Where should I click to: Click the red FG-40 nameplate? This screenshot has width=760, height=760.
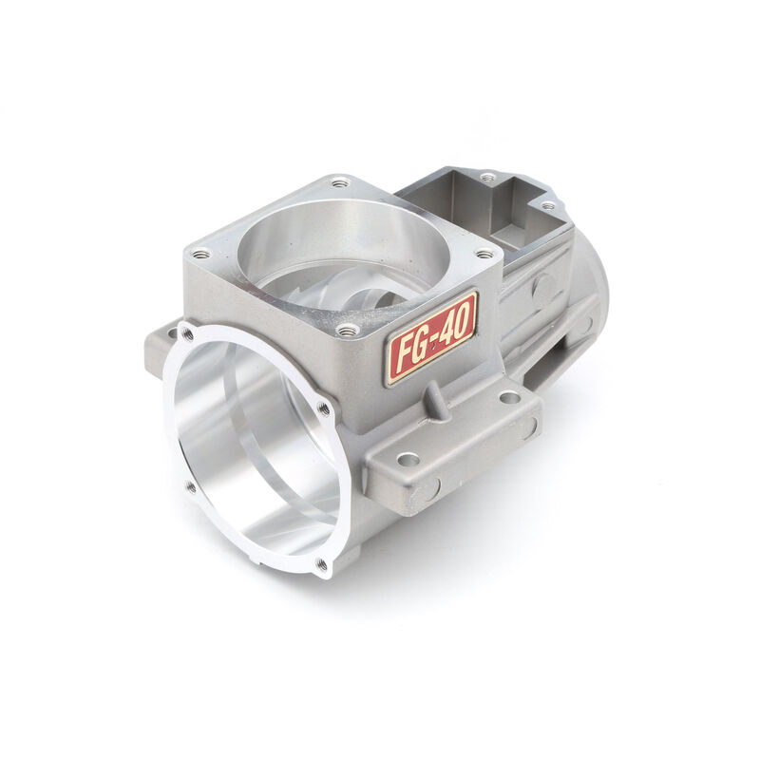(430, 337)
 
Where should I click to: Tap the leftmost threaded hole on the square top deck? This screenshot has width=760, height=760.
(200, 253)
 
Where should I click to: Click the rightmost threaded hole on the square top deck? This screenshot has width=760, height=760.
(485, 254)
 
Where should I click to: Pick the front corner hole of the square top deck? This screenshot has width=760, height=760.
(348, 330)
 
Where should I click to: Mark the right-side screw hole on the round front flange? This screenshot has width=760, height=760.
(324, 408)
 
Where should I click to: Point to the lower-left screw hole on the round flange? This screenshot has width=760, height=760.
(190, 486)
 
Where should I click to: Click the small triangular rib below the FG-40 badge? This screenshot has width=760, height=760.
(437, 399)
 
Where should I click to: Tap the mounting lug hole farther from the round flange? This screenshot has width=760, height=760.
(509, 396)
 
